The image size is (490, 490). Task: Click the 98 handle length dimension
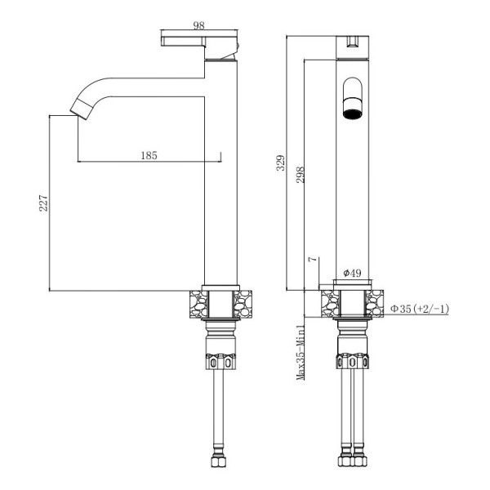(x=198, y=25)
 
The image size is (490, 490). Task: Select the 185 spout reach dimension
(x=149, y=154)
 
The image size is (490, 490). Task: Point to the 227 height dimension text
(x=45, y=203)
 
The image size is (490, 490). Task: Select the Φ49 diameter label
(x=352, y=273)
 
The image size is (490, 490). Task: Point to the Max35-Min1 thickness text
(x=301, y=352)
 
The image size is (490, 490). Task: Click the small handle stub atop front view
(x=354, y=38)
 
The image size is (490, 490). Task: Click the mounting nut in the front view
(x=353, y=361)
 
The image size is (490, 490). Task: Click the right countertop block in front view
(x=374, y=303)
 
